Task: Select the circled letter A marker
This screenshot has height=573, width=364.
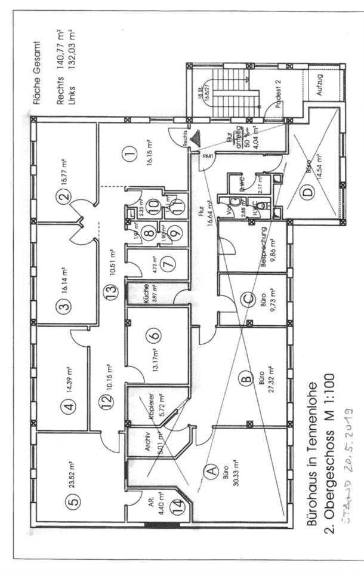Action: pyautogui.click(x=210, y=472)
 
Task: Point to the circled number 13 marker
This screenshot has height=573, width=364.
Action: pyautogui.click(x=108, y=292)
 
